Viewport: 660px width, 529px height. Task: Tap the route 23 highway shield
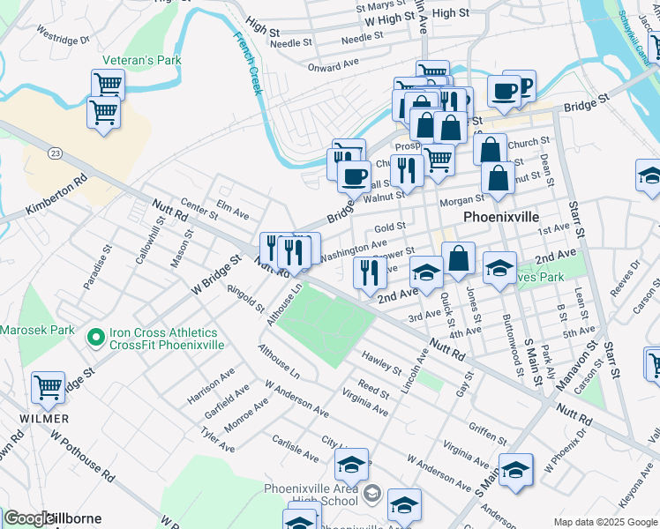pyautogui.click(x=56, y=153)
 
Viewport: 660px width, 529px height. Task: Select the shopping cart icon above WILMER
pyautogui.click(x=48, y=387)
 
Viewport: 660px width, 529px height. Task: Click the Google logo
pyautogui.click(x=28, y=518)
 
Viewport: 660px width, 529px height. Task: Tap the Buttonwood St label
pyautogui.click(x=506, y=335)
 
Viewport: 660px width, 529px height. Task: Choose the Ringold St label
pyautogui.click(x=245, y=297)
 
